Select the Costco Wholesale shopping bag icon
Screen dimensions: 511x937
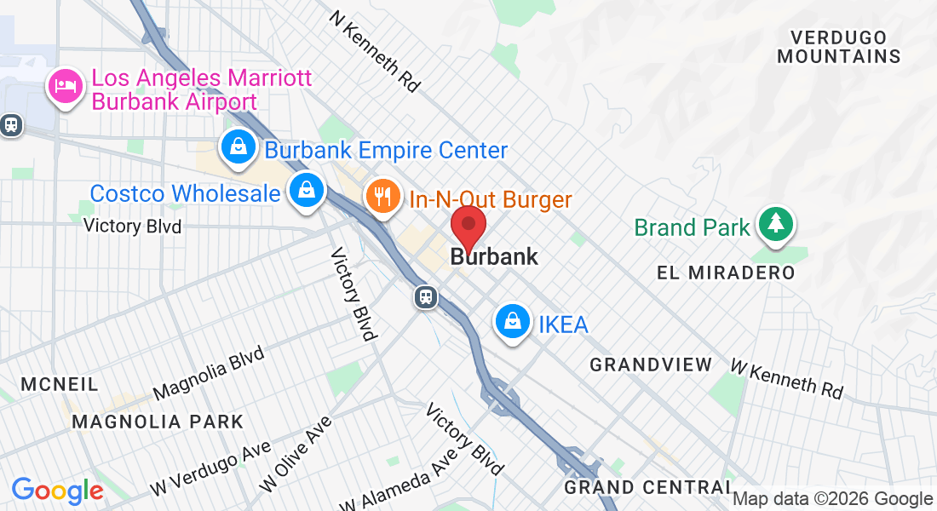click(305, 191)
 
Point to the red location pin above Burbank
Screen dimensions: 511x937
click(468, 227)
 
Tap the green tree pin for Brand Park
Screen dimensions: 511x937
click(775, 223)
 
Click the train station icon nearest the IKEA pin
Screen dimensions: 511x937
click(426, 297)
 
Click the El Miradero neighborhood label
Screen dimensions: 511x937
click(726, 273)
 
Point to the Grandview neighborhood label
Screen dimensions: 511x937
click(652, 365)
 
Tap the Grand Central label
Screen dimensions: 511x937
click(647, 487)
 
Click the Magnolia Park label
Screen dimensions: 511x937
click(158, 422)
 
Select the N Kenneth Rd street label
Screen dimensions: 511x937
click(376, 51)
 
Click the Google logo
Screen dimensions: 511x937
click(57, 491)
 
